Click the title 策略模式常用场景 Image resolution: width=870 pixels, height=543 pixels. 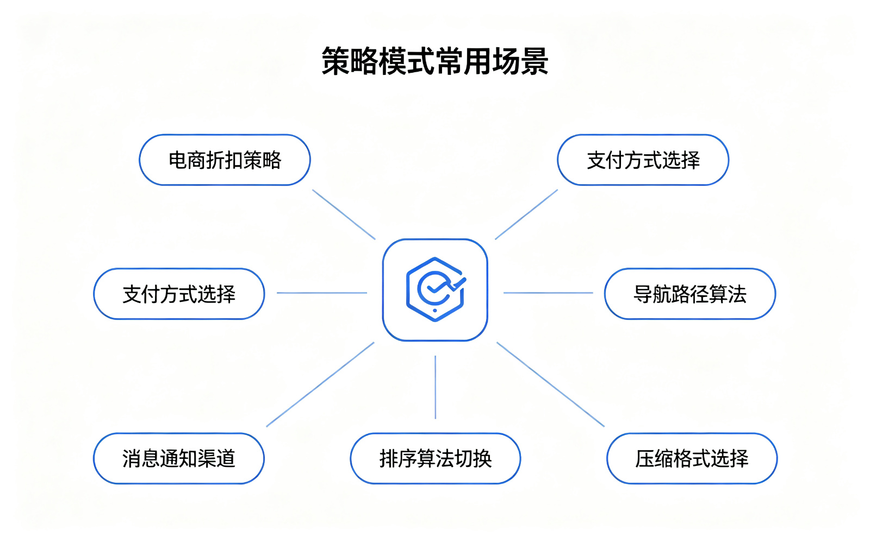point(435,61)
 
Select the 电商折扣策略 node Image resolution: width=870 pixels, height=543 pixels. point(225,160)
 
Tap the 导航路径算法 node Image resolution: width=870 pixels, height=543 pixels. point(690,294)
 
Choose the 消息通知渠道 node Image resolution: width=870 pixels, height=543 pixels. point(179,458)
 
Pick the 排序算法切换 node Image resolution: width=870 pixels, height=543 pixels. point(436,458)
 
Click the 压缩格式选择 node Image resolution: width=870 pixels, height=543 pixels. point(692,458)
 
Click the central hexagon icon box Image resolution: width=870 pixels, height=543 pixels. point(435,290)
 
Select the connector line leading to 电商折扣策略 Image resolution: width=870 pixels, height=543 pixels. point(344,214)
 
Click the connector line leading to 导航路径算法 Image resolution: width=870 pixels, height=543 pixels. point(549,293)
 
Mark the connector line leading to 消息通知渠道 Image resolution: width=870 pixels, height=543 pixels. point(320,384)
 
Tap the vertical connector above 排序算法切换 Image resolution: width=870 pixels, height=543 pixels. point(436,387)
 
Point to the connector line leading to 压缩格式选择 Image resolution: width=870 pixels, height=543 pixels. point(551,384)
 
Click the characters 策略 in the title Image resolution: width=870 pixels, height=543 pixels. point(350,61)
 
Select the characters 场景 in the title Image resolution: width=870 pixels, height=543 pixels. point(520,61)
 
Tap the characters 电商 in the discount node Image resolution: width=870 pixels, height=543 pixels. point(187,160)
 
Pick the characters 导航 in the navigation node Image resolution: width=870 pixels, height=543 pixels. point(652,294)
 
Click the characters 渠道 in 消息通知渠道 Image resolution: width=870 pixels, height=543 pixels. point(217,458)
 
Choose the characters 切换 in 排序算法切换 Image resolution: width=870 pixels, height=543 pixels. point(473,458)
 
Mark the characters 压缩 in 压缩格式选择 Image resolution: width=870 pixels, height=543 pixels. point(655,458)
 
